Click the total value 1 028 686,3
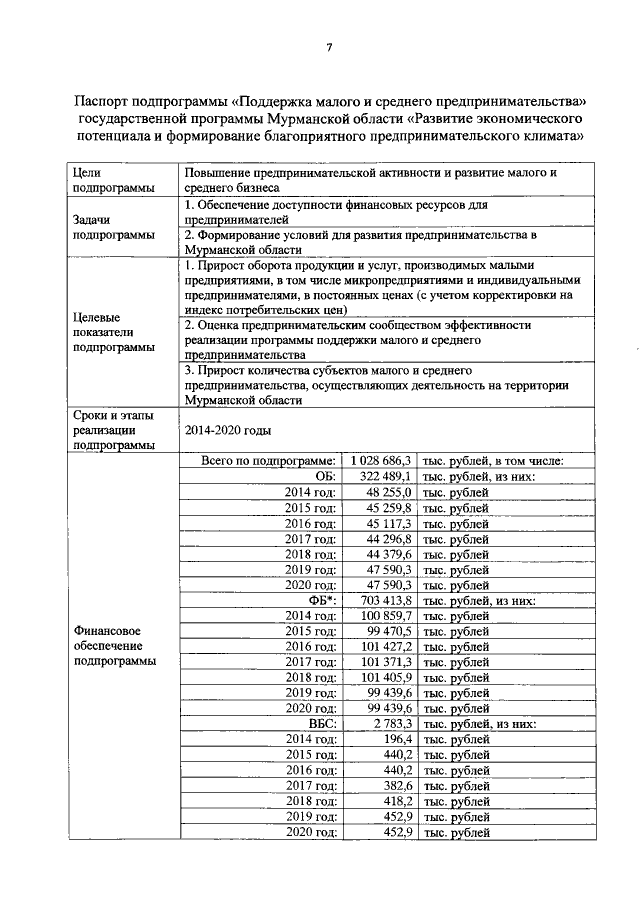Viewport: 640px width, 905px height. [379, 461]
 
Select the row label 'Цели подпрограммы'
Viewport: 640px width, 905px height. [107, 180]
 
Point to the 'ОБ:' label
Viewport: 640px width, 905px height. [324, 477]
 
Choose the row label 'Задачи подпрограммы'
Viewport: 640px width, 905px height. [107, 227]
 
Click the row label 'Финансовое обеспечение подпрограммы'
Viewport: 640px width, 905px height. [114, 646]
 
